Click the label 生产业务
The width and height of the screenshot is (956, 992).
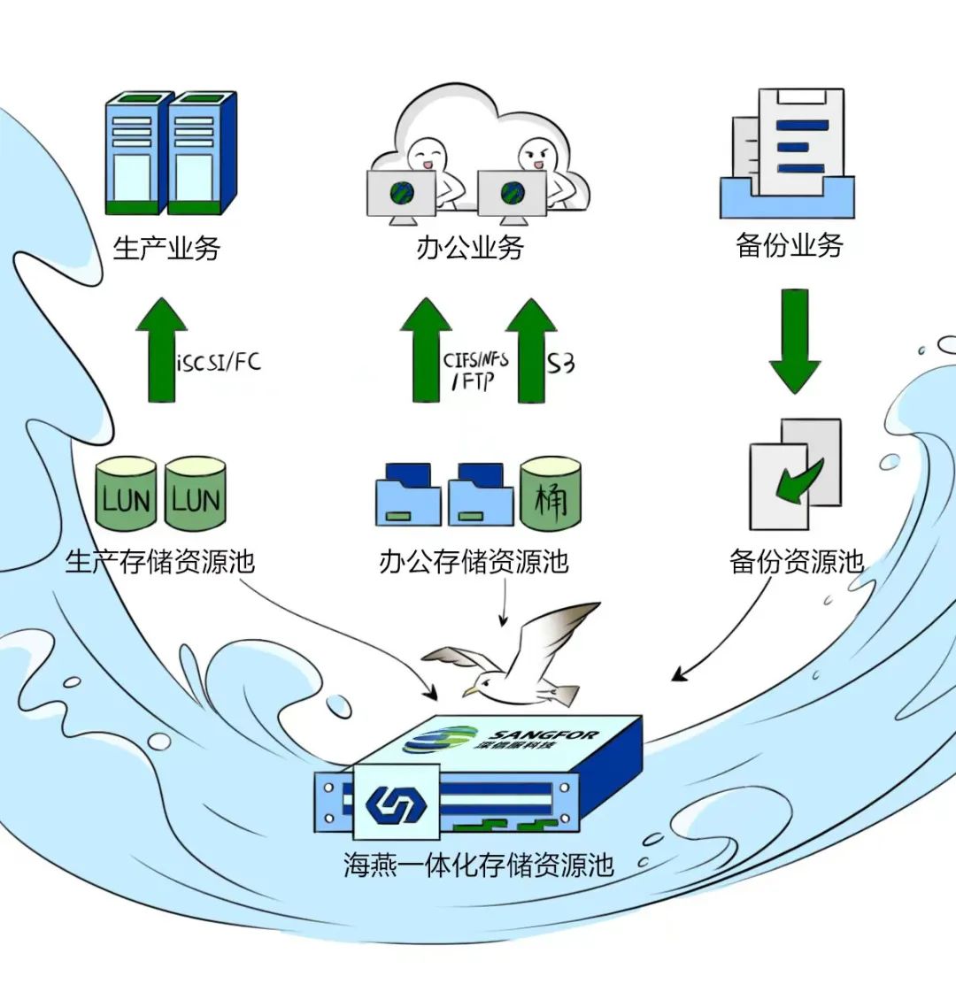click(x=166, y=248)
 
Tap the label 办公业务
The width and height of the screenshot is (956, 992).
click(x=470, y=248)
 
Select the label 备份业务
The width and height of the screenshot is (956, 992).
click(x=790, y=245)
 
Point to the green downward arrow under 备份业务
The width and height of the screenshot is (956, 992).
click(x=794, y=341)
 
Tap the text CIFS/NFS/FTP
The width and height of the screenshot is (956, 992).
click(x=475, y=370)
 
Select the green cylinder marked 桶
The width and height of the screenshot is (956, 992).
click(x=551, y=493)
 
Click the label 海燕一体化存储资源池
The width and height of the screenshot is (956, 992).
click(x=478, y=864)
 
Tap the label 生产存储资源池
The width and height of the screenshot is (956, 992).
click(x=160, y=561)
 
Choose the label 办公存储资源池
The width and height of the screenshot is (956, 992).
click(x=474, y=561)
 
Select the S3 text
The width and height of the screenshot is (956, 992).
click(x=560, y=363)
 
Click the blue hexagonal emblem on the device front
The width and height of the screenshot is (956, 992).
click(x=396, y=804)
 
